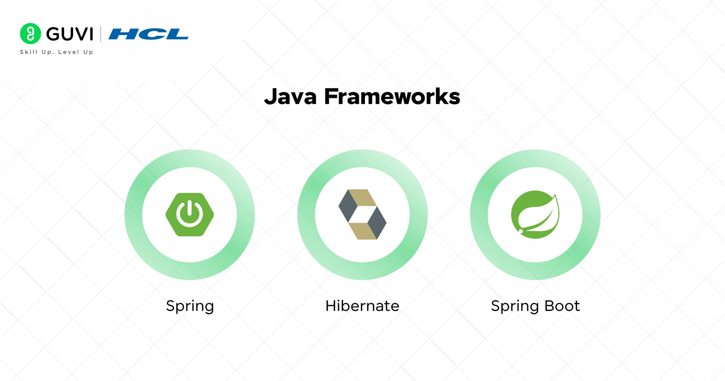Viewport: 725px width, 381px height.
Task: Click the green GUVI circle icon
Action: [30, 34]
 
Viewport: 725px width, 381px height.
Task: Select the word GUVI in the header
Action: [70, 34]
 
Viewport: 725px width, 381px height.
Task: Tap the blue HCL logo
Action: [148, 34]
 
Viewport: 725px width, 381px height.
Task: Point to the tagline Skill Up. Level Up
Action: [57, 52]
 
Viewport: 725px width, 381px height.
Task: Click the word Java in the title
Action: [290, 97]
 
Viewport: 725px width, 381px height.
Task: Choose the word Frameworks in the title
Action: [392, 96]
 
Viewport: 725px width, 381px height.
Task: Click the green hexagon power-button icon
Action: [190, 214]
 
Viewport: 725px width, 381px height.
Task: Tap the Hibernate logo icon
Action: [362, 214]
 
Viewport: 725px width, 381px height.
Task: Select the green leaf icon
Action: [535, 214]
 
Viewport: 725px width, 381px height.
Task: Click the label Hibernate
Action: [362, 306]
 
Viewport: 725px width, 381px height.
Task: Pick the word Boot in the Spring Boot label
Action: [562, 306]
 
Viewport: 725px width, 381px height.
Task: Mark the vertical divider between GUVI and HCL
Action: [101, 34]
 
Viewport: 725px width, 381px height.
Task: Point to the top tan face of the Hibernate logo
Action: [362, 197]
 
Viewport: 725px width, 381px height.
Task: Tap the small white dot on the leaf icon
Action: [521, 231]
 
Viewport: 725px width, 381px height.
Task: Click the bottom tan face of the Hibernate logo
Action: [362, 231]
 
